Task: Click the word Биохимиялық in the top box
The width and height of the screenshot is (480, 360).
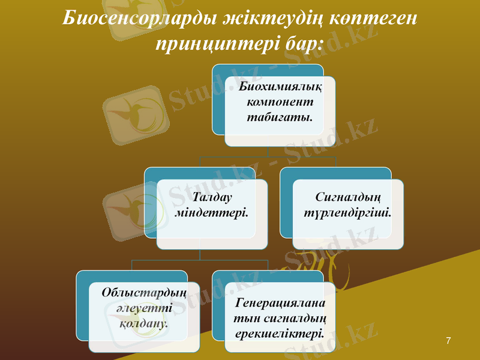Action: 280,87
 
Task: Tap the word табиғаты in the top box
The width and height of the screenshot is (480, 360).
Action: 280,117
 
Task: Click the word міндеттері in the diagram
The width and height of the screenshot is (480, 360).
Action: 212,212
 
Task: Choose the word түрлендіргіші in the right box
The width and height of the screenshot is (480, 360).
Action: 348,212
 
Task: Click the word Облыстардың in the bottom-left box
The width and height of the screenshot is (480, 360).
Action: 144,293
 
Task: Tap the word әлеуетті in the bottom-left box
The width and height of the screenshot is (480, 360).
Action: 144,308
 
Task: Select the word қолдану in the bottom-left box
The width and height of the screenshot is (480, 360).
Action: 144,323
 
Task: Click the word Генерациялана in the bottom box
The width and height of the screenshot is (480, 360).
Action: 280,302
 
